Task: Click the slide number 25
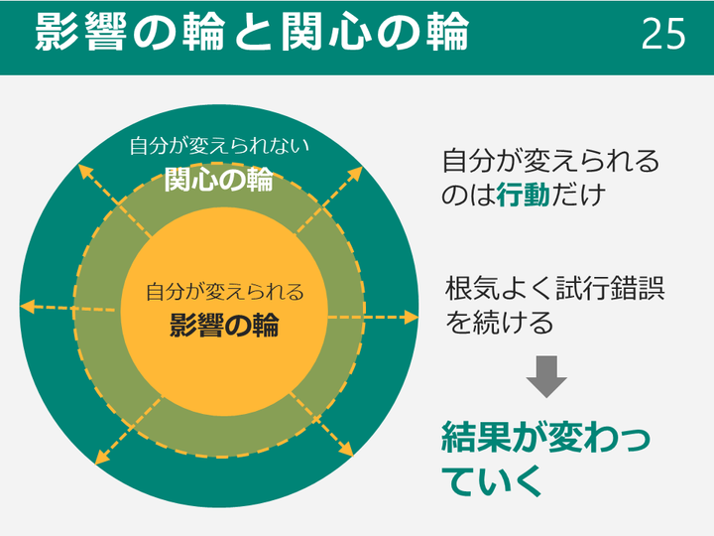(663, 34)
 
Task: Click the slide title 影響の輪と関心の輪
(252, 31)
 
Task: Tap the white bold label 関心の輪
(218, 179)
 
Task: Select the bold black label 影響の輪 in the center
(224, 325)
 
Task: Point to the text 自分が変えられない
(219, 146)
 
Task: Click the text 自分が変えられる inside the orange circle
(224, 291)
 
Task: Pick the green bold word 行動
(524, 195)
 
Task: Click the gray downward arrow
(546, 376)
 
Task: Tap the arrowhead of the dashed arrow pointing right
(412, 318)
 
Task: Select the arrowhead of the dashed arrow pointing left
(28, 307)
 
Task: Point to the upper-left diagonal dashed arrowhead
(84, 171)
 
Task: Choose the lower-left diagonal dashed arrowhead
(101, 458)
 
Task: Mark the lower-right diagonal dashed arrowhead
(347, 451)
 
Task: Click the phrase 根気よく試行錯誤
(554, 288)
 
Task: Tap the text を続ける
(499, 322)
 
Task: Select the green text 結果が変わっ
(545, 437)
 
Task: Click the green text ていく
(492, 480)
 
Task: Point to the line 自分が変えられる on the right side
(550, 161)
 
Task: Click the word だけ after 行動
(578, 195)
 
